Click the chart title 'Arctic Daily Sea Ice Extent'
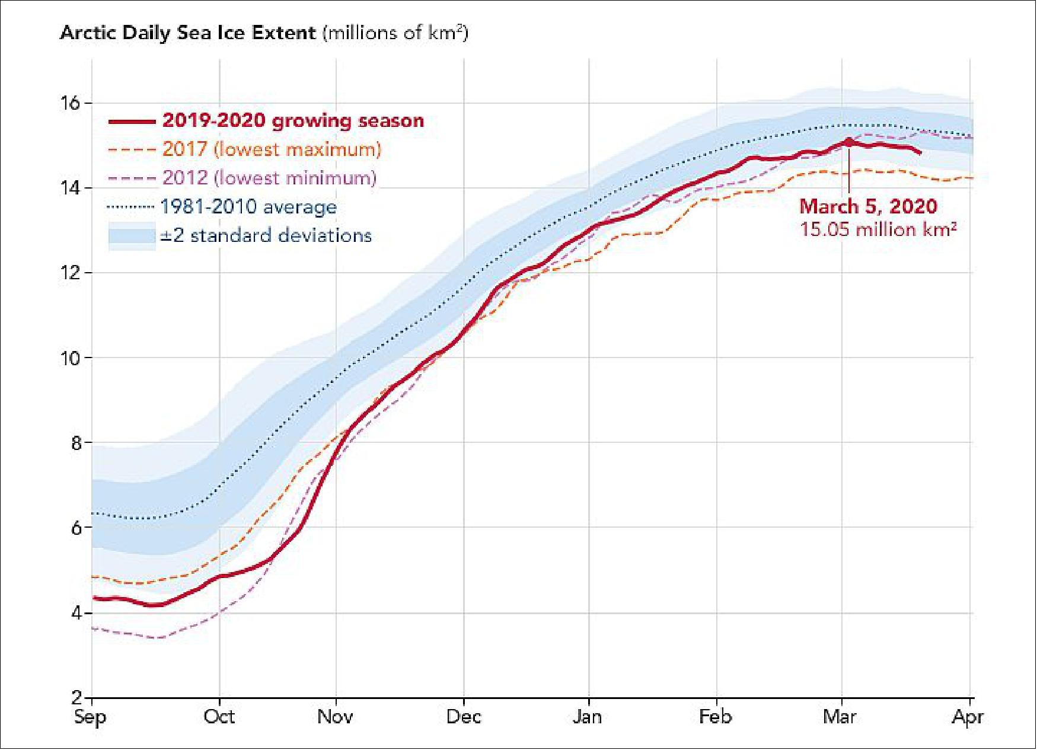click(188, 33)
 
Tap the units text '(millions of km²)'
click(395, 33)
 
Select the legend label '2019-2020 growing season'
click(293, 121)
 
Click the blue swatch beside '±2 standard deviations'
click(132, 236)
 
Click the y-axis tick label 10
click(70, 358)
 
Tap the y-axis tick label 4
click(76, 613)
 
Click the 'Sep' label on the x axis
click(90, 717)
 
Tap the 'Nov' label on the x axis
click(336, 717)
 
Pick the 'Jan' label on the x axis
click(587, 717)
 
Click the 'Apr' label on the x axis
click(968, 717)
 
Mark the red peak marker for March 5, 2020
click(849, 142)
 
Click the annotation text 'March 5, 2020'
click(868, 206)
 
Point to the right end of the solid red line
click(920, 153)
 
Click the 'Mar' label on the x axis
click(840, 717)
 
